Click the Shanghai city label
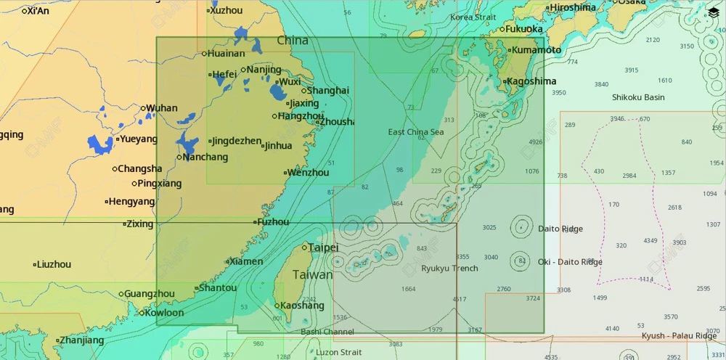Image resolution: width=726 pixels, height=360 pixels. [x=327, y=91]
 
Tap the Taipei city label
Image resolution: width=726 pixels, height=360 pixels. [x=323, y=247]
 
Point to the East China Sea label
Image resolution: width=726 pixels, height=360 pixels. [x=415, y=132]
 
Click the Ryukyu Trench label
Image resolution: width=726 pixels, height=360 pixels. [x=449, y=269]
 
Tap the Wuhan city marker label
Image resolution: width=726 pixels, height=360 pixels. [x=161, y=108]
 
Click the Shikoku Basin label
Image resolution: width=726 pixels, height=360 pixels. [x=637, y=97]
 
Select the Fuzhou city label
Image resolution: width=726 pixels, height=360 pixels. [x=273, y=222]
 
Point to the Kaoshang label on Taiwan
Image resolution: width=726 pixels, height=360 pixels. [x=302, y=306]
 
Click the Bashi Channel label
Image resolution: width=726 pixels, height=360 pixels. [x=327, y=332]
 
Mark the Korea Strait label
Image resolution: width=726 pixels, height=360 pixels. [x=473, y=17]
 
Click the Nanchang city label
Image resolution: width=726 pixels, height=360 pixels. [x=205, y=157]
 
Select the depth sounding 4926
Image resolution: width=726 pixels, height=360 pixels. [x=536, y=142]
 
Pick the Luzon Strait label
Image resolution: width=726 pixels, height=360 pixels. [x=338, y=353]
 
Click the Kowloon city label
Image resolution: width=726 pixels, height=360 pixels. [x=165, y=313]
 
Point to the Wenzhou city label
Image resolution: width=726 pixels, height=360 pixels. [x=309, y=173]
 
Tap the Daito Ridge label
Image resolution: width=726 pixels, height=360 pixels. [x=560, y=229]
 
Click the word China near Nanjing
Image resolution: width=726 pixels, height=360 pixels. [x=293, y=41]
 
